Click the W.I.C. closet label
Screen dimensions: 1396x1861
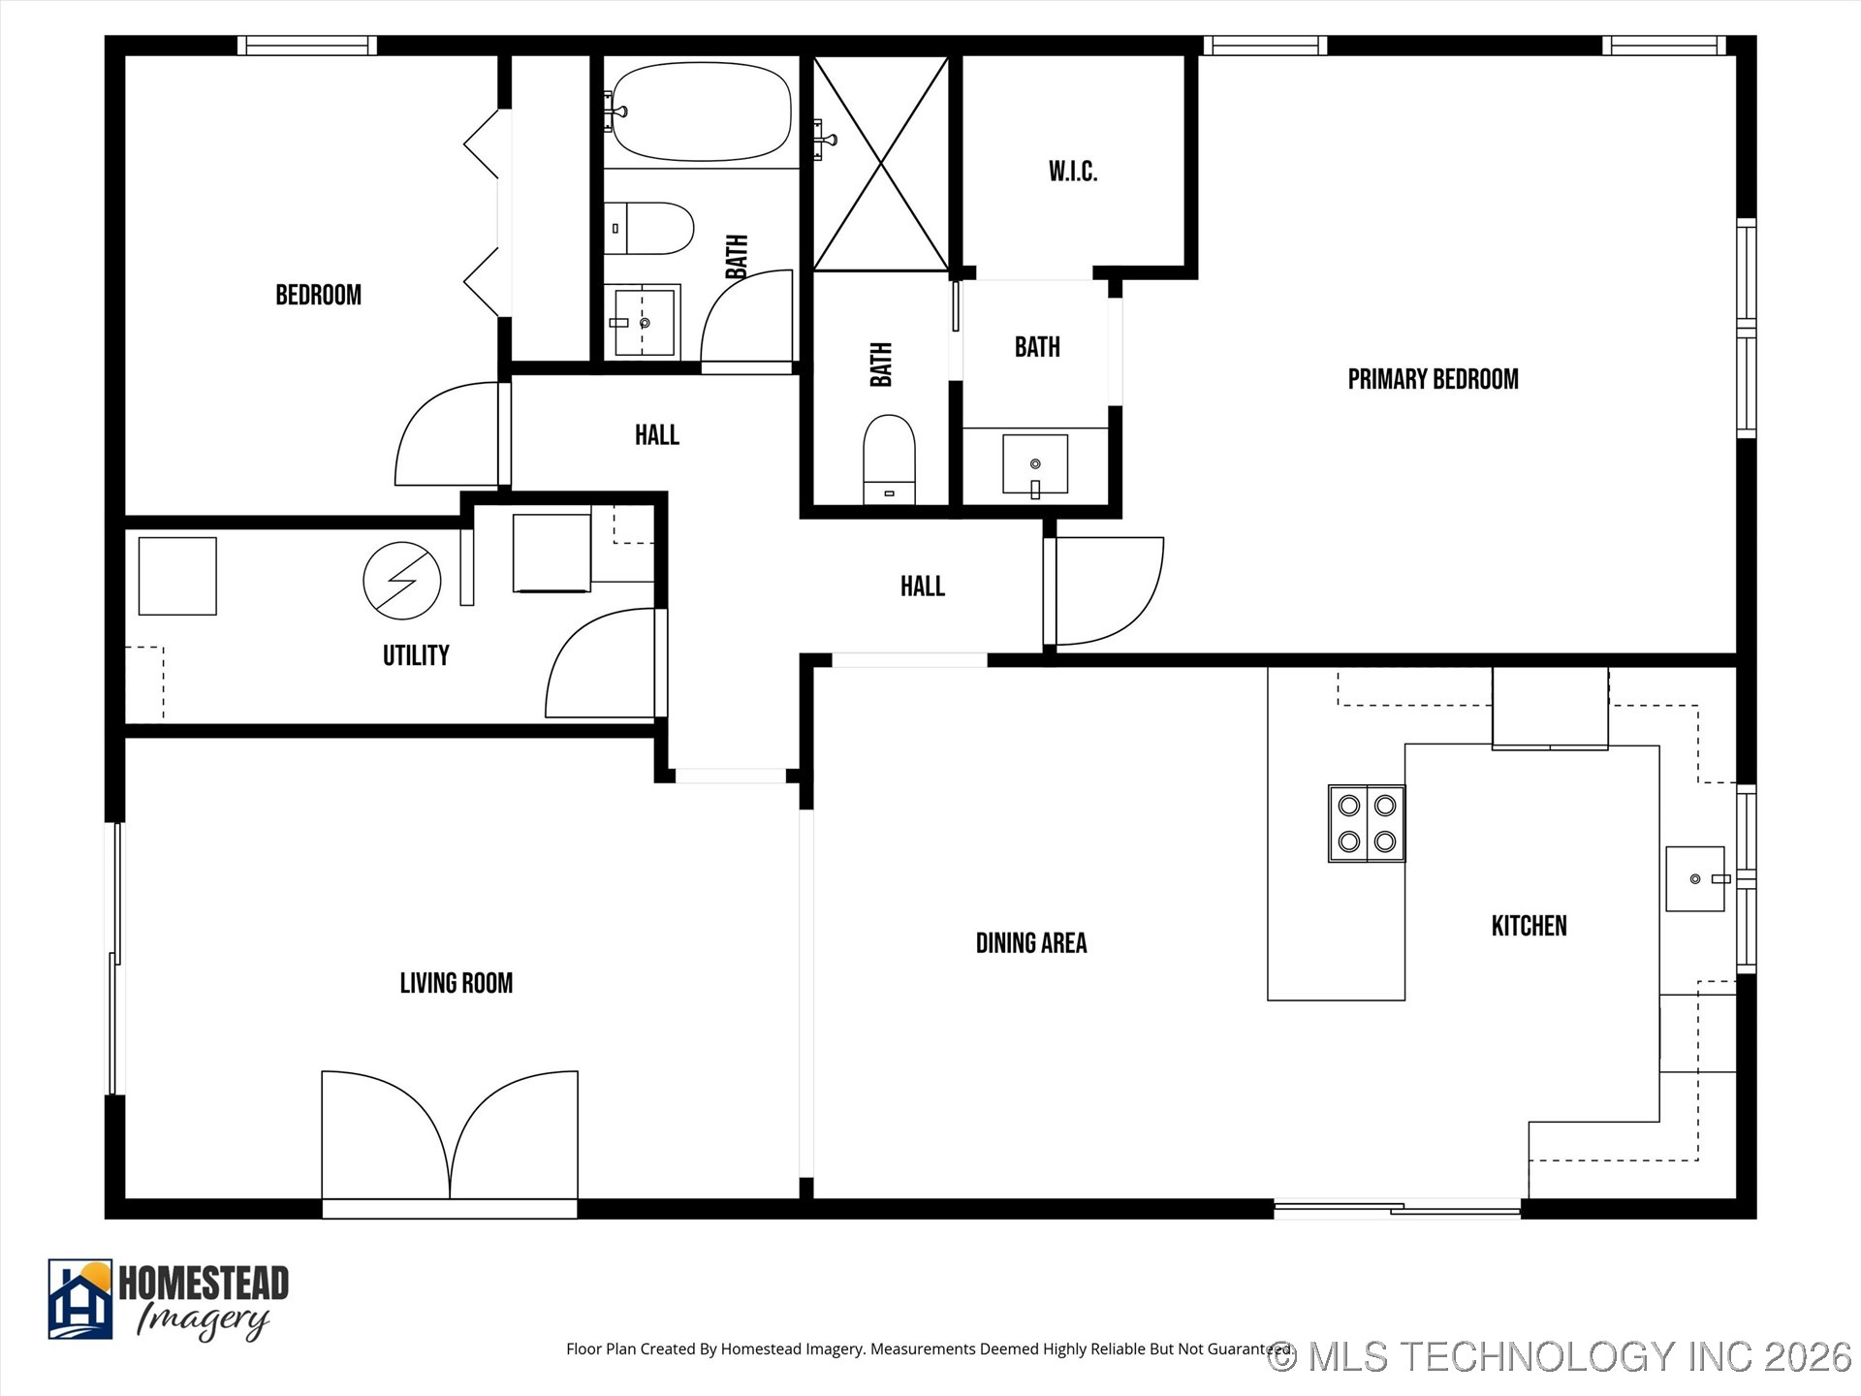click(1073, 172)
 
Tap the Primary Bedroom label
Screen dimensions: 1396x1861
click(1433, 379)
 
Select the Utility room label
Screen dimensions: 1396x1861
click(416, 655)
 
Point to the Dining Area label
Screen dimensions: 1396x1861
click(1031, 943)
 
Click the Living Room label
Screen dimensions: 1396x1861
click(457, 983)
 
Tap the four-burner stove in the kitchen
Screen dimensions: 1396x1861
click(1367, 823)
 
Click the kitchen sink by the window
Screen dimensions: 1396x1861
click(1695, 878)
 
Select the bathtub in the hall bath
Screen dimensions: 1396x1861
click(701, 111)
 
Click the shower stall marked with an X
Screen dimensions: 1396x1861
click(880, 163)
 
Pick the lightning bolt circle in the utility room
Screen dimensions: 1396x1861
click(402, 581)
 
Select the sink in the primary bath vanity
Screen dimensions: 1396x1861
click(1035, 465)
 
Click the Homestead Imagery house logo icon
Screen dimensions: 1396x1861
click(80, 1299)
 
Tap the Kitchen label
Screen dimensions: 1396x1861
click(1529, 926)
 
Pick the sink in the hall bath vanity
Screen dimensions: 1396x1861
click(644, 322)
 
